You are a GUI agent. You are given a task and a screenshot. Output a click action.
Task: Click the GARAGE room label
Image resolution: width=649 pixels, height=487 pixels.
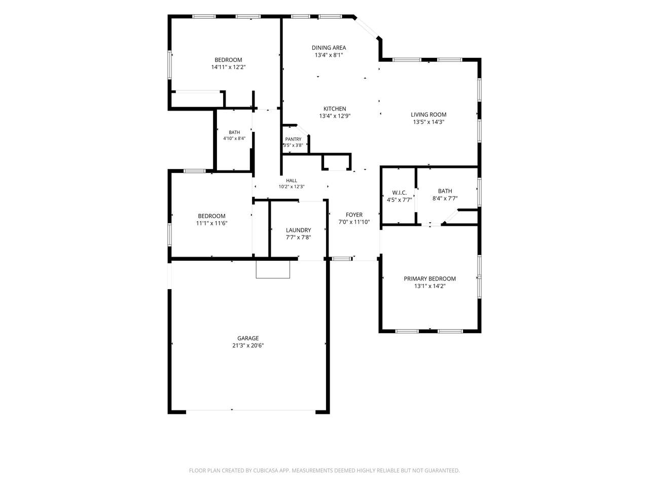pos(248,338)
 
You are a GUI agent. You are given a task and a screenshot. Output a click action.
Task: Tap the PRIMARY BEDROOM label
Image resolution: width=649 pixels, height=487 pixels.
pos(429,279)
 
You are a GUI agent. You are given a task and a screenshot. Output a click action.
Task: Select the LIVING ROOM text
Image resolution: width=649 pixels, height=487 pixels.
pos(428,115)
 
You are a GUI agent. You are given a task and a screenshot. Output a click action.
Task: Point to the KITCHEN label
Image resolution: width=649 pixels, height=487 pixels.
pos(335,109)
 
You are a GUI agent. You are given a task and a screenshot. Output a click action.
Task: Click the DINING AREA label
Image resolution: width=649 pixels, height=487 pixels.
pos(329,48)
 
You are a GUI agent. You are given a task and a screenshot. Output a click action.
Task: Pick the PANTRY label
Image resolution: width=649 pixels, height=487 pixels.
pos(293,139)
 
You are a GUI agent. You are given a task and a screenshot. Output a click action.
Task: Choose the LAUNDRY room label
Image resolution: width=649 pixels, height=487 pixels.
pos(298,230)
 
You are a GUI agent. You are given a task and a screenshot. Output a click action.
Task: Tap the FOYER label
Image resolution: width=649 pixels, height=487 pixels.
pos(354,215)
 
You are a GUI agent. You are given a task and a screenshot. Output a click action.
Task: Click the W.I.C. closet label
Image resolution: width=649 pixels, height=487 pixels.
pos(399,193)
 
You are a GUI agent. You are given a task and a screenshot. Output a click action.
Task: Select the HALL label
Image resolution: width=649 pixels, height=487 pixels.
pos(291,181)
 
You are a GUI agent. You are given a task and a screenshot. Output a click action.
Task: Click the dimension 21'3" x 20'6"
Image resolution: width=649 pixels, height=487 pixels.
pos(248,345)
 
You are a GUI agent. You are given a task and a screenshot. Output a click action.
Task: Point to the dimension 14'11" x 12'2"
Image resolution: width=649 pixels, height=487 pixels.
pos(228,67)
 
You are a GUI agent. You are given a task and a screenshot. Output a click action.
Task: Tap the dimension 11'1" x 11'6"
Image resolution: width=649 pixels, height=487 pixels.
pos(212,223)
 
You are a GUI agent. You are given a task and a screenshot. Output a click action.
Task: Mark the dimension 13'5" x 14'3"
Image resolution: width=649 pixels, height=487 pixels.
pos(428,122)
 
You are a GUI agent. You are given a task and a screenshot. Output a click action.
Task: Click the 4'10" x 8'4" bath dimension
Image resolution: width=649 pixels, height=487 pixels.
pos(234,138)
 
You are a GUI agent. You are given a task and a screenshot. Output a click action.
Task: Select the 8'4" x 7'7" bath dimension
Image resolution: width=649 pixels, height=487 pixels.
pos(445,198)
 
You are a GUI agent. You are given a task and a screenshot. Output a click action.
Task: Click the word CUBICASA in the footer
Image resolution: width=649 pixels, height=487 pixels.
pos(266,470)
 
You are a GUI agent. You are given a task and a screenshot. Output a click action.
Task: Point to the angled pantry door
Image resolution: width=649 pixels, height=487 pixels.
pos(302,130)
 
